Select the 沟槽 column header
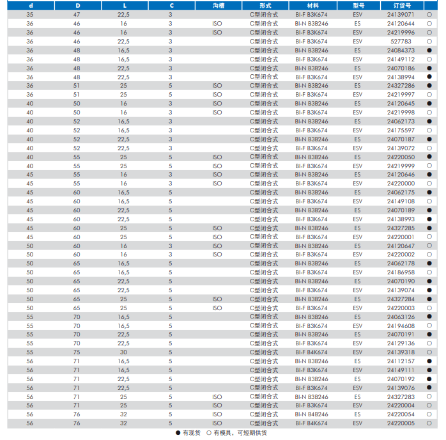point(217,5)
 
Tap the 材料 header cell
point(311,5)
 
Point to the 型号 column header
point(357,5)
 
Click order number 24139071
point(401,14)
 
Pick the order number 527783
point(401,41)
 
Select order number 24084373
point(401,50)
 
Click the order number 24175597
point(401,130)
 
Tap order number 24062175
point(401,192)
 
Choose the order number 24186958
point(401,272)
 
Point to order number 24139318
point(401,352)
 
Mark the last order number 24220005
point(401,423)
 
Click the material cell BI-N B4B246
point(311,414)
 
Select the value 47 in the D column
point(77,14)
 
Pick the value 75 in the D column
point(77,352)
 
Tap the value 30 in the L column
point(123,352)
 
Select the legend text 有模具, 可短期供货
point(241,433)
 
